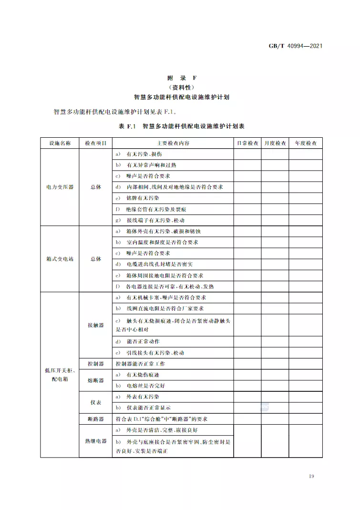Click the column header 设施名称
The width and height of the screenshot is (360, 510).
(60, 143)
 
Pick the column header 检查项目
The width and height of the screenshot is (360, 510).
(96, 143)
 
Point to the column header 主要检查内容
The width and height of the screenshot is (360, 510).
(173, 143)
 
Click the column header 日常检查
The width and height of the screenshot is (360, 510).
(247, 143)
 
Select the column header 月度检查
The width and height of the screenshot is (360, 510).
(275, 143)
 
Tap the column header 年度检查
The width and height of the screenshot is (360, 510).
(306, 143)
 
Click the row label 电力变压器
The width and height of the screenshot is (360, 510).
(60, 187)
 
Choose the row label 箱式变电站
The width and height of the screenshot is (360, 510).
(60, 259)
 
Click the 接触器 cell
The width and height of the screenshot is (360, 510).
(96, 325)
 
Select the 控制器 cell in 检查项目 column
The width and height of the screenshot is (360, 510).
(96, 364)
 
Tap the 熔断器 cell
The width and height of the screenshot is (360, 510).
(96, 380)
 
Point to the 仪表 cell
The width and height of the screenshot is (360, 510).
(96, 402)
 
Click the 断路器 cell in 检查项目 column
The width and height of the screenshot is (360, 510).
(96, 419)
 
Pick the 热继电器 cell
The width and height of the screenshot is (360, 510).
(96, 441)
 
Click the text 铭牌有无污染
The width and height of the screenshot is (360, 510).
(143, 198)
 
